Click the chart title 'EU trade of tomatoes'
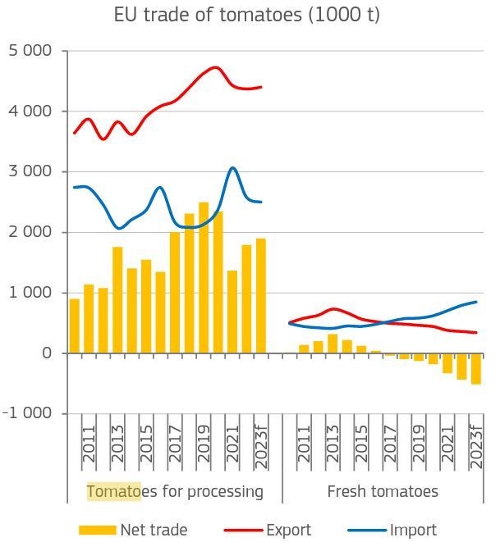pyautogui.click(x=247, y=15)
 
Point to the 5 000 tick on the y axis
pyautogui.click(x=30, y=51)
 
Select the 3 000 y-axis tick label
pyautogui.click(x=30, y=172)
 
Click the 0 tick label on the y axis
pyautogui.click(x=48, y=353)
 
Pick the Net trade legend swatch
pyautogui.click(x=98, y=530)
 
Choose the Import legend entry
pyautogui.click(x=414, y=530)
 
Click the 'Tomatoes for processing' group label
pyautogui.click(x=175, y=492)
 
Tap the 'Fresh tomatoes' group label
pyautogui.click(x=383, y=492)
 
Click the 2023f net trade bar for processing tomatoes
pyautogui.click(x=261, y=296)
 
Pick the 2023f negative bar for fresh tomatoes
pyautogui.click(x=476, y=369)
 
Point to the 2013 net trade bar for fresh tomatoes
pyautogui.click(x=333, y=344)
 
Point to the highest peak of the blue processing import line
pyautogui.click(x=232, y=168)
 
